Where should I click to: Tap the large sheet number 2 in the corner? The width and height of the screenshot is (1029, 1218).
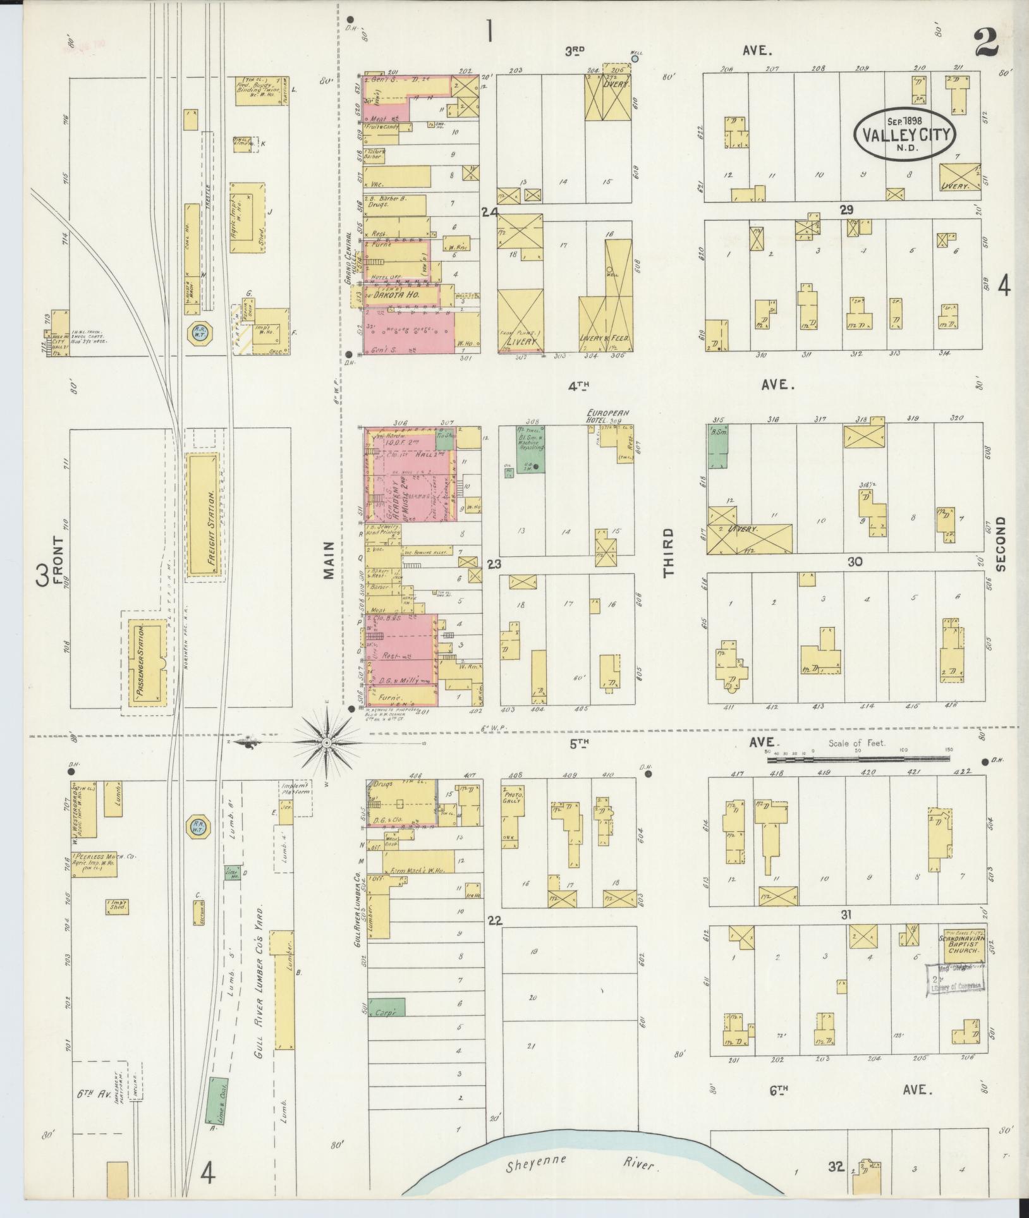pos(985,43)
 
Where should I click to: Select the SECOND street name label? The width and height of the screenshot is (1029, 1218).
pos(1000,544)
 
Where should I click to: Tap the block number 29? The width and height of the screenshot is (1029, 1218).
pos(846,210)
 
